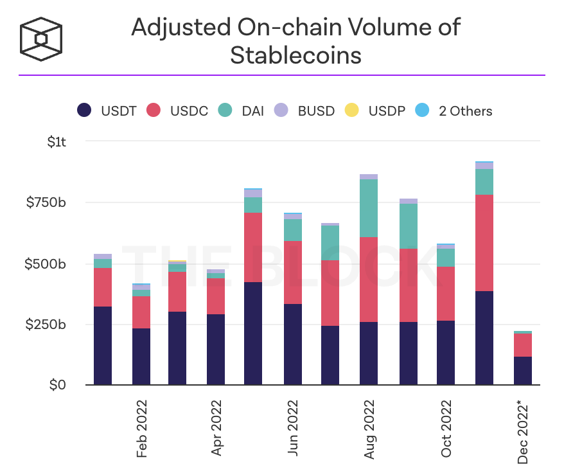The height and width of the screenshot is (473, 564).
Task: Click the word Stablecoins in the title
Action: coord(295,55)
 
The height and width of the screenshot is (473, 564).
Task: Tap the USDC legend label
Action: coord(189,111)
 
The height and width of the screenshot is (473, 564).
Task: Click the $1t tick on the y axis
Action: coord(57,141)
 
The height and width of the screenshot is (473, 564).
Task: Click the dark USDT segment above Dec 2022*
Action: coord(523,371)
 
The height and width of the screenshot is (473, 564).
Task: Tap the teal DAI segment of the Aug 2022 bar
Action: coord(369,208)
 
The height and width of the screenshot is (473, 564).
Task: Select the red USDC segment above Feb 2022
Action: coord(141,312)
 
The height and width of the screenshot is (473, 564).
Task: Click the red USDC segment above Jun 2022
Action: coord(293,272)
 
